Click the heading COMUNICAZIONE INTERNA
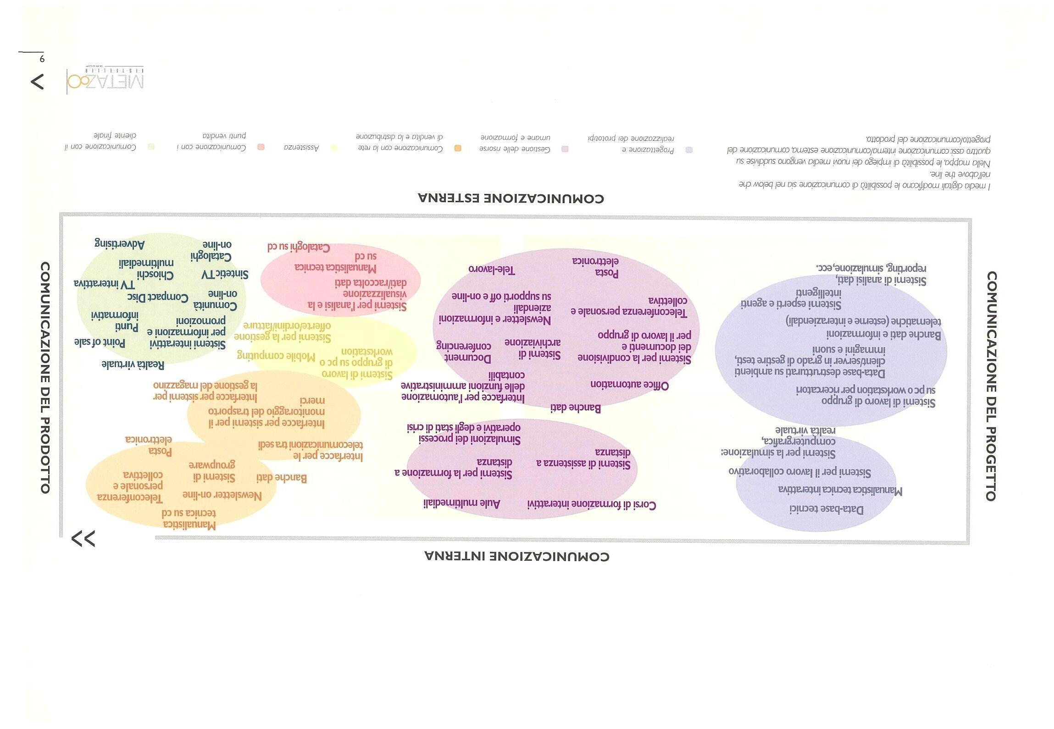[517, 557]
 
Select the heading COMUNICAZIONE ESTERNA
[511, 199]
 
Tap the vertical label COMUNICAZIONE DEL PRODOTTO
[45, 377]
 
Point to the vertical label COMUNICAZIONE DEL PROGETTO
[991, 386]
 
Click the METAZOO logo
[105, 81]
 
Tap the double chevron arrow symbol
[83, 539]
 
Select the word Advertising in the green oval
[120, 244]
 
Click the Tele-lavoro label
[492, 270]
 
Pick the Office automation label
[629, 385]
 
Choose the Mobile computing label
[276, 355]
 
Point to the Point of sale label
[100, 342]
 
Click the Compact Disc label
[157, 297]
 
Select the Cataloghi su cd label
[299, 248]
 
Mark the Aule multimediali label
[461, 503]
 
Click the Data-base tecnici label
[826, 509]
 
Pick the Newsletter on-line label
[222, 495]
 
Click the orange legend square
[457, 148]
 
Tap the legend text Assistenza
[301, 147]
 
